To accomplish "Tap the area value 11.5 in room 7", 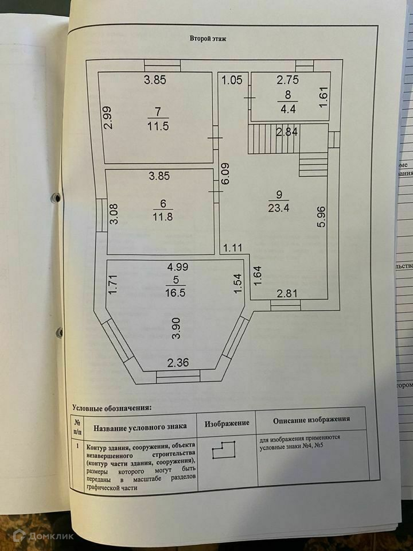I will coord(158,126).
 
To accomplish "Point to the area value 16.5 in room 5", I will coord(173,292).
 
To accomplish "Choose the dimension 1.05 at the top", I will coord(232,80).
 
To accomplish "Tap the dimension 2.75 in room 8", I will coord(287,80).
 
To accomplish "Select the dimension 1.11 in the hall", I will coord(233,247).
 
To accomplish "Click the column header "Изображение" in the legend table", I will coord(227,423).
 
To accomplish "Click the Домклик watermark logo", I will coord(44,536).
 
